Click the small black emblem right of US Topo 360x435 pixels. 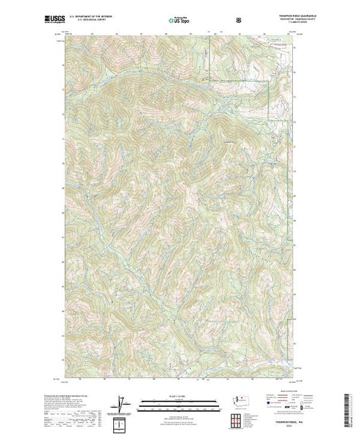coord(239,20)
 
